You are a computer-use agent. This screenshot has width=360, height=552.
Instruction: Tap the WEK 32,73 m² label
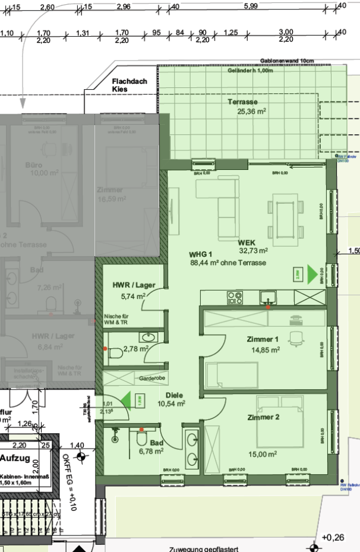pos(252,247)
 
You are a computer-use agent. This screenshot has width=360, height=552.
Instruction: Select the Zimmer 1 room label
pos(263,345)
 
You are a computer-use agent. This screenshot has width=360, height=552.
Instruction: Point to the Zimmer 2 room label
pos(263,418)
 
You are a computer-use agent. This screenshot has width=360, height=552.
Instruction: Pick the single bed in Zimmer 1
pos(232,376)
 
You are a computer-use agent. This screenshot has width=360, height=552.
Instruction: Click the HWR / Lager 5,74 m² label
pos(134,289)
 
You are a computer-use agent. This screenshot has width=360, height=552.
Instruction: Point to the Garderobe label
pos(151,378)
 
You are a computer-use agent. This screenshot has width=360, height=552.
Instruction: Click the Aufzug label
pos(19,458)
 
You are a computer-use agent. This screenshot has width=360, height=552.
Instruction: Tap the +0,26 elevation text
pos(333,537)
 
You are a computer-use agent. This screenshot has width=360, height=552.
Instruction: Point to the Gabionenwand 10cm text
pos(286,61)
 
